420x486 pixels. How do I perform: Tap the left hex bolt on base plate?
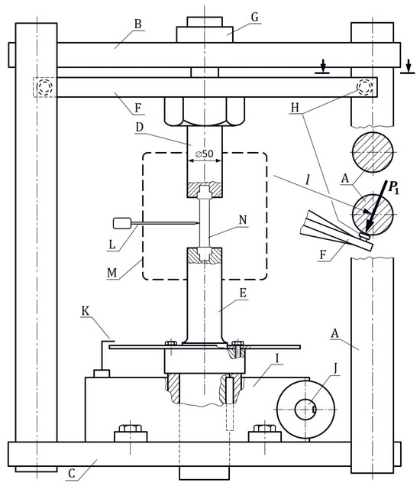pos(131,434)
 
